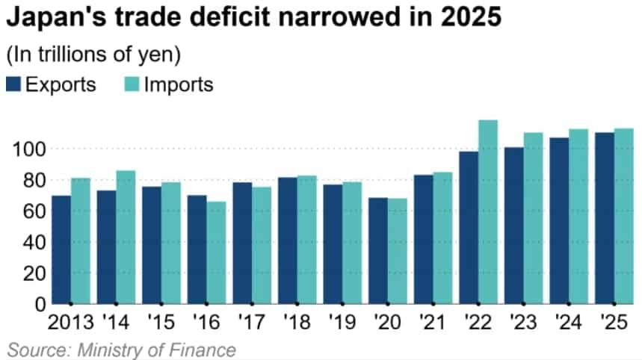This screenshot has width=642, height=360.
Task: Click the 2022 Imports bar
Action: [487, 212]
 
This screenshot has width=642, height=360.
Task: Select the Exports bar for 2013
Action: [61, 249]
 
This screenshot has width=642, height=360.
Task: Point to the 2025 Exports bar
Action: [605, 218]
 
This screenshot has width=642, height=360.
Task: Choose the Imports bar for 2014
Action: [126, 237]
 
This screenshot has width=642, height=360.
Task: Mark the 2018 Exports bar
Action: [288, 240]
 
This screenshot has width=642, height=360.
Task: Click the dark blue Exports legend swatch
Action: [14, 84]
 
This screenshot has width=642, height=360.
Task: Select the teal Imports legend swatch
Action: [131, 84]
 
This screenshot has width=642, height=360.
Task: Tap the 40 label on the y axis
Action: [33, 242]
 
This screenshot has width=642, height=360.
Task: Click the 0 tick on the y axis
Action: [38, 304]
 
